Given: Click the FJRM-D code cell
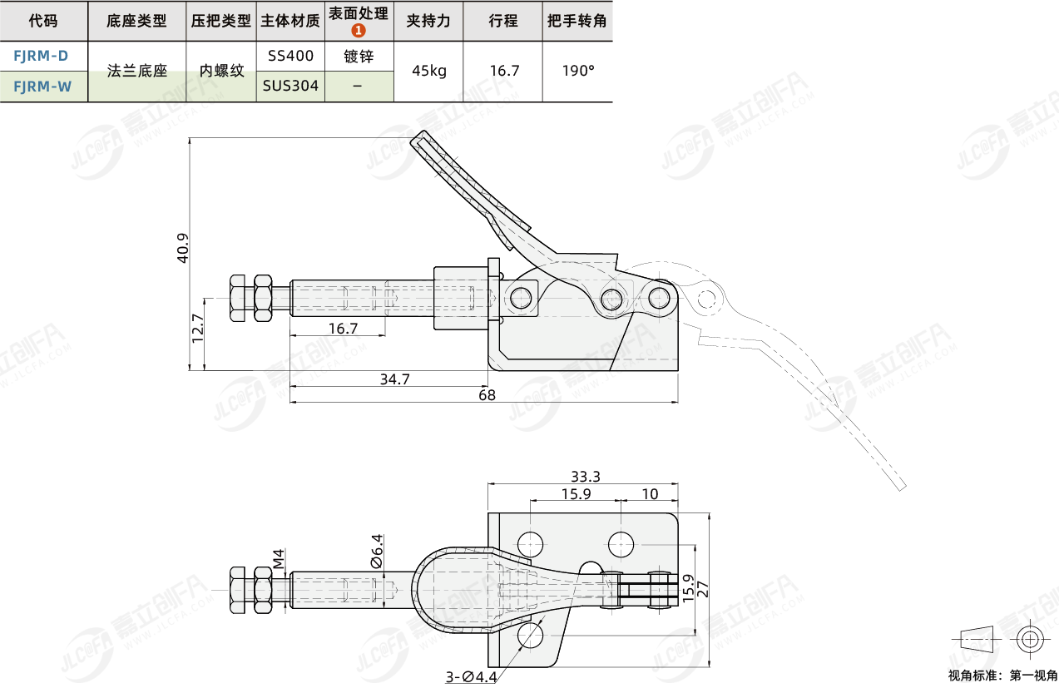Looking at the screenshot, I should coord(42,57).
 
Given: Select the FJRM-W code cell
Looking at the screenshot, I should coord(42,86).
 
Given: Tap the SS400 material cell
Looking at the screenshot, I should coord(290,57).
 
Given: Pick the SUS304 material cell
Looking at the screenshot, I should coord(290,86).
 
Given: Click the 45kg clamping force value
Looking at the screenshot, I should coord(429,71).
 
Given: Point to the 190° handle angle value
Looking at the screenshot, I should coord(578,71).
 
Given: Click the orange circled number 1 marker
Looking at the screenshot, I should coord(359,31).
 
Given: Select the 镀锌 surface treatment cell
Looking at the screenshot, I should coord(359,57).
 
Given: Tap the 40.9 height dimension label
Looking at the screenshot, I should coord(184,248).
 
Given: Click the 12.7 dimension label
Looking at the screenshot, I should coord(197,329).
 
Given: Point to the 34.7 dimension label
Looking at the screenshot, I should coord(394,379).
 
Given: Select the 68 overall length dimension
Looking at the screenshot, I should coord(487,395).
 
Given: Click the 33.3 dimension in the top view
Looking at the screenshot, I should coord(586,477).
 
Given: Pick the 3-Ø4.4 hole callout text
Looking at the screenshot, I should coord(471,677).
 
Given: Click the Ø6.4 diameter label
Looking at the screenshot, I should coord(376,551).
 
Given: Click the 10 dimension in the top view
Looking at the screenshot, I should coord(650,494).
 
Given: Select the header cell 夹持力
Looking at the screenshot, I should coord(429,21).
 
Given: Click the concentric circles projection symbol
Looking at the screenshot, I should coord(1029,640).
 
